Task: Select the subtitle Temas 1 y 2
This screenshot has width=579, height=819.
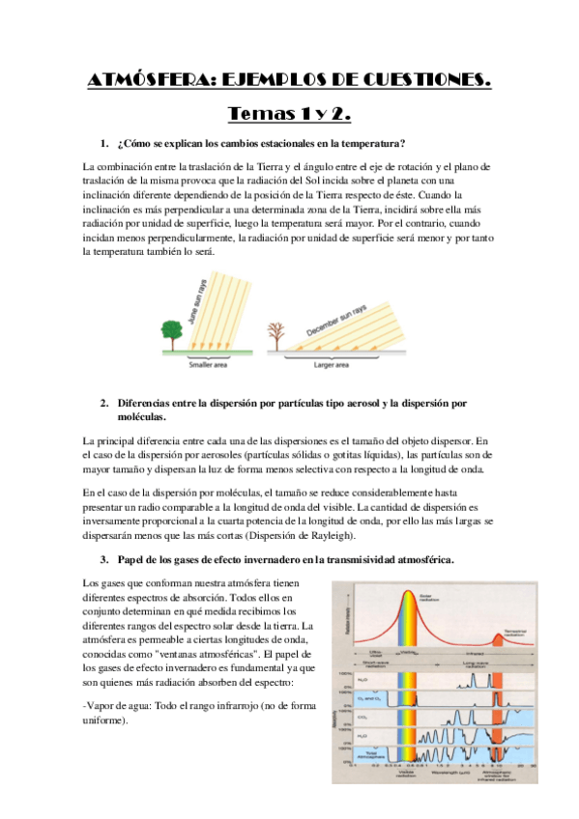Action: (x=289, y=114)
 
